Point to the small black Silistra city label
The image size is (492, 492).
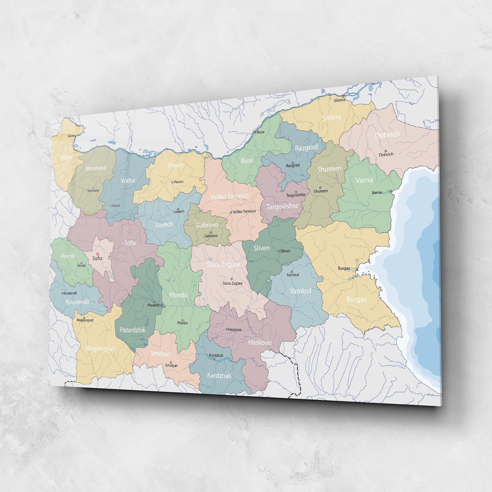pos(339,100)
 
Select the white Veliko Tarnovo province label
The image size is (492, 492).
pos(229,197)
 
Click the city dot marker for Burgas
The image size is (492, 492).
pos(357,270)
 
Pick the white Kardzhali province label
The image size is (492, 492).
pos(219,375)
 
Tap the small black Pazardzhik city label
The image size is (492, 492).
pos(155,305)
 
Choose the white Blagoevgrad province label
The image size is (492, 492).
pos(100,349)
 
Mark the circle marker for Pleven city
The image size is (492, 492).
pos(172,182)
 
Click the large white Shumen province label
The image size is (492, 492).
pos(329,169)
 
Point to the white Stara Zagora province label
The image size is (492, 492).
pos(223,264)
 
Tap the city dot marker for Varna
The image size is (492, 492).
pos(391,192)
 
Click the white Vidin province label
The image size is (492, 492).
pos(66,157)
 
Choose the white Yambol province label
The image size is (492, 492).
pos(300,291)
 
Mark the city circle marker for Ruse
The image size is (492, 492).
pos(255,132)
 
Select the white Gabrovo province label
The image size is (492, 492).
pos(207,225)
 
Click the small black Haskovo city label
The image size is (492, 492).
pos(235,330)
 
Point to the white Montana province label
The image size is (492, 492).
pos(96,168)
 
